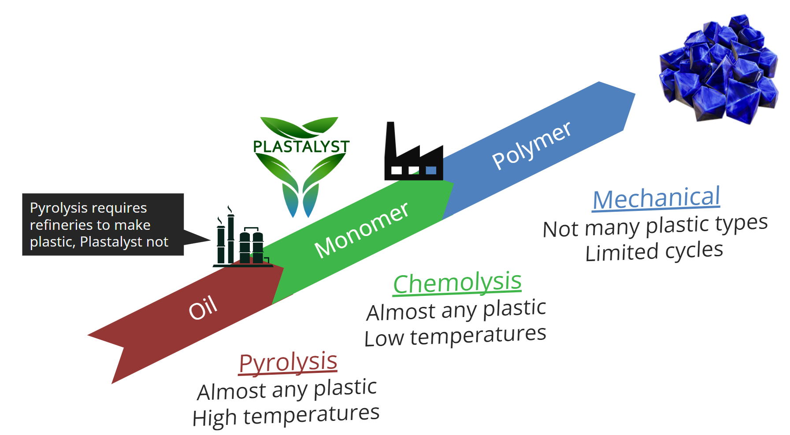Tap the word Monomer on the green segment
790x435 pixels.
coord(361,230)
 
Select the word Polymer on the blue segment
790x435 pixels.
coord(531,145)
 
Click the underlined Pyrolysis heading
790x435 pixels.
coord(288,363)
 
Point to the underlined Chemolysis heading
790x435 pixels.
coord(457,283)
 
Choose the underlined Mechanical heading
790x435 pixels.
coord(656,198)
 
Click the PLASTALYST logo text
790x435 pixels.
coord(301,147)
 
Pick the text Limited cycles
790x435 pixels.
coord(654,251)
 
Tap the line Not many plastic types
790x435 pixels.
coord(655,226)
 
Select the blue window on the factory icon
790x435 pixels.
coord(431,170)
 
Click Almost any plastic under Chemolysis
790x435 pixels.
coord(456,310)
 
